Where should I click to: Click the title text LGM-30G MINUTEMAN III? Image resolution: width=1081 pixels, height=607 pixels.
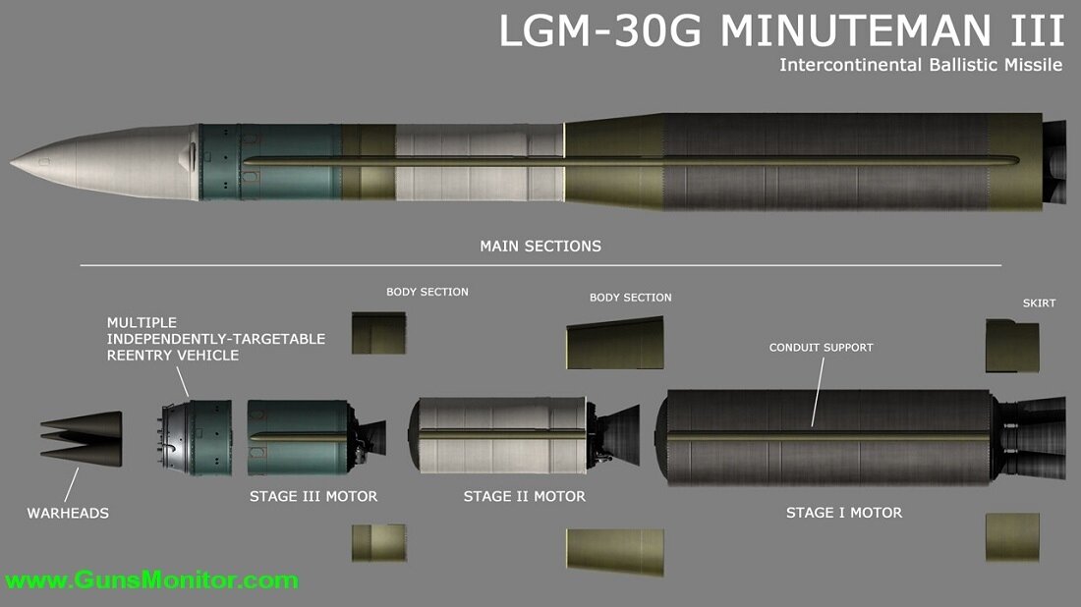click(x=781, y=31)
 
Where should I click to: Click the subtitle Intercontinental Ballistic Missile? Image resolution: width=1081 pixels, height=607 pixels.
click(x=921, y=66)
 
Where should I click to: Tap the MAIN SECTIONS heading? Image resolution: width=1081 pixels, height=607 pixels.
click(x=540, y=246)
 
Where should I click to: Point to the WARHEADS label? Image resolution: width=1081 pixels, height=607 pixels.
click(x=68, y=513)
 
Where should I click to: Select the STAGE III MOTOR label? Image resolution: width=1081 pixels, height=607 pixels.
click(x=313, y=496)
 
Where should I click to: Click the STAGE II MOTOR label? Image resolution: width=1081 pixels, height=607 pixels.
click(x=524, y=496)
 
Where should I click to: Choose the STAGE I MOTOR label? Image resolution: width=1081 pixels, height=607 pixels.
click(x=843, y=512)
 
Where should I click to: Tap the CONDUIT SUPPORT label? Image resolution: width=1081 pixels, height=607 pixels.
click(x=821, y=347)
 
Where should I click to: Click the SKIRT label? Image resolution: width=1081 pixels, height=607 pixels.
click(x=1039, y=303)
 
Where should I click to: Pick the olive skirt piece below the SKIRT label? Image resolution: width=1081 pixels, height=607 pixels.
click(x=1012, y=347)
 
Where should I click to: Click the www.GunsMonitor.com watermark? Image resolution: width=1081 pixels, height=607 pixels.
click(x=149, y=579)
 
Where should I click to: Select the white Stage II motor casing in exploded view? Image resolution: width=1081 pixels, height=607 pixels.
click(x=501, y=437)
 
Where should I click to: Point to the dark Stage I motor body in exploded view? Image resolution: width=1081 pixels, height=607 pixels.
click(x=825, y=437)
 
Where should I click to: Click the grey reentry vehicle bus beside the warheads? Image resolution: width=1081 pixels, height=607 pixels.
click(x=197, y=437)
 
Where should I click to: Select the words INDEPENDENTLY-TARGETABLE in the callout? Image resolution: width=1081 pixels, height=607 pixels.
click(x=216, y=338)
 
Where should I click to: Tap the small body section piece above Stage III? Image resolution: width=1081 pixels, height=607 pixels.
click(x=378, y=333)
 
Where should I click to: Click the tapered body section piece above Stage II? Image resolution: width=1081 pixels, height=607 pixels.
click(x=615, y=343)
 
